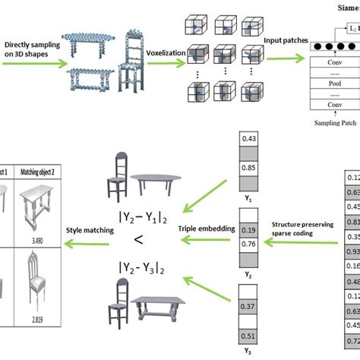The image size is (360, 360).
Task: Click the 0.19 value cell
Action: click(x=248, y=229)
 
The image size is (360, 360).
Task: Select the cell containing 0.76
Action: click(x=248, y=245)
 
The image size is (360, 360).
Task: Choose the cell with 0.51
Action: click(x=248, y=336)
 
